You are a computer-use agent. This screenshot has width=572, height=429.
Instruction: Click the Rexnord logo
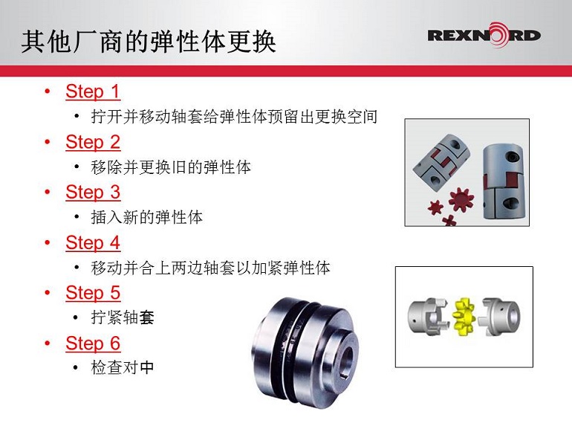[x=484, y=35]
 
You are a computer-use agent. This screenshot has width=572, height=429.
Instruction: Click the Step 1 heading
[x=93, y=91]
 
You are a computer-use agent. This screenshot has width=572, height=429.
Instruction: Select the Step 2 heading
[x=93, y=142]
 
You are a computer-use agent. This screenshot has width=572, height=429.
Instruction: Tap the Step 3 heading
[x=93, y=193]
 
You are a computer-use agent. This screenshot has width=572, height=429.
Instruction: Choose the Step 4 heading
[x=93, y=243]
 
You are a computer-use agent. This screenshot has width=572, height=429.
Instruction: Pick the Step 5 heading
[x=93, y=293]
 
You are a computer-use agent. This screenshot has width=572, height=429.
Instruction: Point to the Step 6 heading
[x=93, y=343]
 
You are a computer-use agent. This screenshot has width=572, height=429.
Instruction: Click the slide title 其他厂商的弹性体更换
[x=148, y=42]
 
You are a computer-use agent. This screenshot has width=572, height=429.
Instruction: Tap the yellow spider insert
[x=464, y=316]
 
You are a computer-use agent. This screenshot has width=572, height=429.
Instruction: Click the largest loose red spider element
[x=461, y=199]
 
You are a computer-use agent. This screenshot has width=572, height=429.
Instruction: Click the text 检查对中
[x=123, y=367]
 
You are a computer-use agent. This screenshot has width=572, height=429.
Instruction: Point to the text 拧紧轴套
[x=123, y=317]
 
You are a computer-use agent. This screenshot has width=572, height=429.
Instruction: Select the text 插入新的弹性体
[x=146, y=217]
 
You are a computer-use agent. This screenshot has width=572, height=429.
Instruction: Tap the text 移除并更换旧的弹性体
[x=171, y=167]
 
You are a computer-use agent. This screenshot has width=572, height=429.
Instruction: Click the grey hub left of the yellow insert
[x=428, y=315]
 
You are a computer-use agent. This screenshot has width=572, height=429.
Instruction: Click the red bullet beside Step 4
[x=48, y=242]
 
